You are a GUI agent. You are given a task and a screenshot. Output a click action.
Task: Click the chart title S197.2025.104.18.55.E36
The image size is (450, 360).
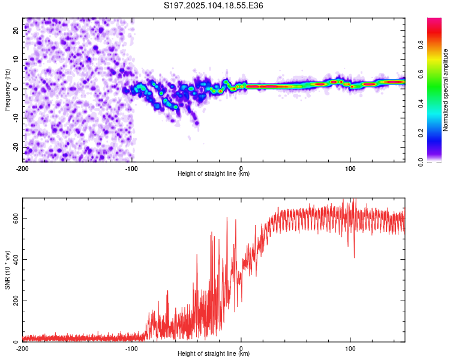pos(213,5)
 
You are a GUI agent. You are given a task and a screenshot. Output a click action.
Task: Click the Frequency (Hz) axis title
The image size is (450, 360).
pos(7,90)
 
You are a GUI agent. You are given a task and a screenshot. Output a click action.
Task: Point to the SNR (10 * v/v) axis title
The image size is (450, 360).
pos(7,270)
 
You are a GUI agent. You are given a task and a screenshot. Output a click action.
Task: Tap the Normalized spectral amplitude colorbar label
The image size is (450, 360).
pos(445,90)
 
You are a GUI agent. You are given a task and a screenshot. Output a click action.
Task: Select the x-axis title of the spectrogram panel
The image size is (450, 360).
pos(214,173)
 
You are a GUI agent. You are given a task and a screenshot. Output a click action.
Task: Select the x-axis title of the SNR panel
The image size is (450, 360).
pos(214,353)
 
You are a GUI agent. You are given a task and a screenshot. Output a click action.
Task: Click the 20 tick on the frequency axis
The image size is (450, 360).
pos(16,30)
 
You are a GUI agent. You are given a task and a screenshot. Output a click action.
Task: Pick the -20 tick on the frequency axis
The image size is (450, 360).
pos(16,148)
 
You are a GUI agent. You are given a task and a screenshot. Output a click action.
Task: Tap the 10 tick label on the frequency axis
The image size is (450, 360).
pos(16,59)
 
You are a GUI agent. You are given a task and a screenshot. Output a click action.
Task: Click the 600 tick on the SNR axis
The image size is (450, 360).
pos(16,218)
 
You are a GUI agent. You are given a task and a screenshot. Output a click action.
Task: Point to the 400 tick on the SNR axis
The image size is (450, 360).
pos(16,260)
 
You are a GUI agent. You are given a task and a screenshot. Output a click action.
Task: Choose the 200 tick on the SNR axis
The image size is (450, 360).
pos(16,301)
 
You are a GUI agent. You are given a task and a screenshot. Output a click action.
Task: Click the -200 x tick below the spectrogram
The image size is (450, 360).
pos(22,169)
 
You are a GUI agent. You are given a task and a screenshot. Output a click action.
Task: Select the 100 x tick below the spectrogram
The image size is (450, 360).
pos(350,169)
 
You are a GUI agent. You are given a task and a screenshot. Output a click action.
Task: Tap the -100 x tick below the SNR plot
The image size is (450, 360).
pos(131,349)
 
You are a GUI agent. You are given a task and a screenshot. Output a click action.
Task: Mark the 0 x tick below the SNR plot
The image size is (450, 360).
pos(241,349)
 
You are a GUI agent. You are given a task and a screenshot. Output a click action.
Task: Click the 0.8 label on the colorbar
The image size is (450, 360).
pos(421,45)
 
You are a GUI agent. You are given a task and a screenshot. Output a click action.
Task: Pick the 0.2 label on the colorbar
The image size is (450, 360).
pos(421,133)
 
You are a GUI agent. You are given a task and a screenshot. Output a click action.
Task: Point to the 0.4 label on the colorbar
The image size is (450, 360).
pos(421,104)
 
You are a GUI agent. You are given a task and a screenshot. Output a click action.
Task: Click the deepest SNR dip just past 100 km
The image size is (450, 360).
pos(354,257)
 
